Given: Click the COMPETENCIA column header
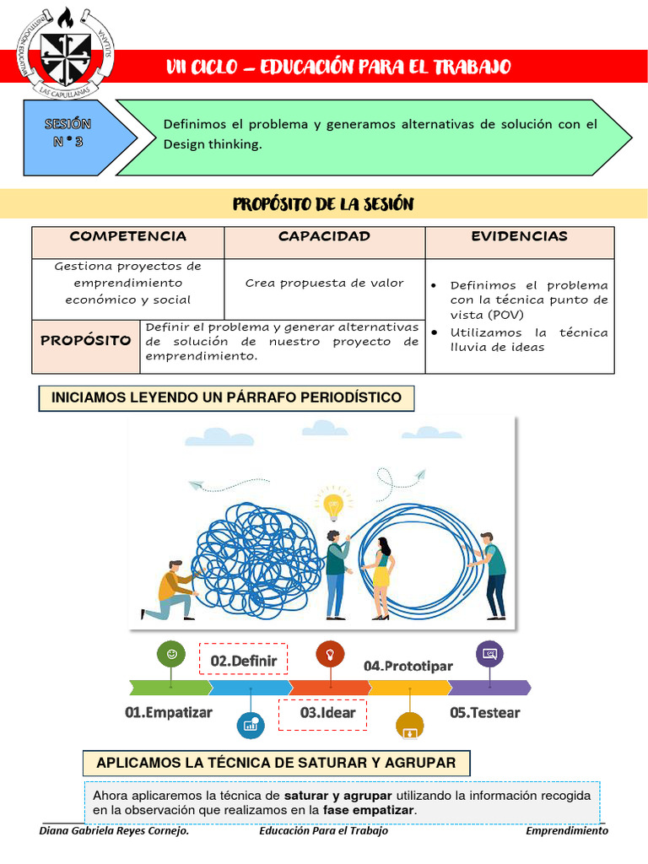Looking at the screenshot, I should (x=127, y=237).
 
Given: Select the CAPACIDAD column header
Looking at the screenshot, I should (x=324, y=237).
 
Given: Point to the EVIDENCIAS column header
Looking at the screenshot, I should (x=519, y=237).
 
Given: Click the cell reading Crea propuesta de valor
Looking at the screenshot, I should (x=324, y=283).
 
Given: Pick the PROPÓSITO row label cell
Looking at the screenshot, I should (x=86, y=341).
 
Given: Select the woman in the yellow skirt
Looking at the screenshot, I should (x=381, y=577).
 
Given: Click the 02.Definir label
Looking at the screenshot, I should (x=243, y=661).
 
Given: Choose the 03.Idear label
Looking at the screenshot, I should (x=327, y=713).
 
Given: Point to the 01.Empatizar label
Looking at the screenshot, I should (x=169, y=713).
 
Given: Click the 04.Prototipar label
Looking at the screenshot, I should (x=408, y=667).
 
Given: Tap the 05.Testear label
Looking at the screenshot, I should (x=484, y=713).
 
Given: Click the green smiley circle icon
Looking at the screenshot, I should (x=172, y=654).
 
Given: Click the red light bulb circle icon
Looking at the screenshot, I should (x=329, y=654).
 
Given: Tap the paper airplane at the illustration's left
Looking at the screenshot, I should (x=196, y=485).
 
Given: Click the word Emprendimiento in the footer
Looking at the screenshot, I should (x=566, y=831).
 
